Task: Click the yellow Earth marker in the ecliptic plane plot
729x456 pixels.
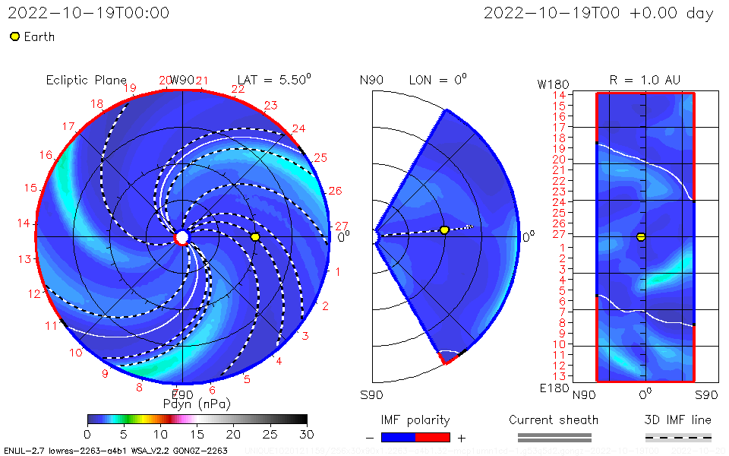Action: tap(255, 237)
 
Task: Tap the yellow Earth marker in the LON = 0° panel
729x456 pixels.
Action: tap(444, 230)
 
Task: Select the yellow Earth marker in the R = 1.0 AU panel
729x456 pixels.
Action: tap(641, 237)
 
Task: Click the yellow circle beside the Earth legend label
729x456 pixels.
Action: tap(14, 36)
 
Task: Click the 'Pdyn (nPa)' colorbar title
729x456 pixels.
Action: tap(197, 403)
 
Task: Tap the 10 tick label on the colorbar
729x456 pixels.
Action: tap(160, 433)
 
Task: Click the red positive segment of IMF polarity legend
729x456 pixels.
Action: tap(433, 437)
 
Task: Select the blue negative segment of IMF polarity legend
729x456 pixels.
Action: tap(399, 437)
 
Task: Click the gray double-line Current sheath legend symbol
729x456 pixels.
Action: tap(554, 437)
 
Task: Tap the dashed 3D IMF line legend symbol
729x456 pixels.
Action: tap(678, 437)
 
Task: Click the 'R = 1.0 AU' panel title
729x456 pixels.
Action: tap(645, 80)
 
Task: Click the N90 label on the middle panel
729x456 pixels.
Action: tap(372, 80)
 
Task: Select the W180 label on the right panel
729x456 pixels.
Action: tap(552, 83)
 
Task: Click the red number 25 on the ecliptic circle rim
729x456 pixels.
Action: tap(320, 158)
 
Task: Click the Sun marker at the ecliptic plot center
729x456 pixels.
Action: tap(182, 237)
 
